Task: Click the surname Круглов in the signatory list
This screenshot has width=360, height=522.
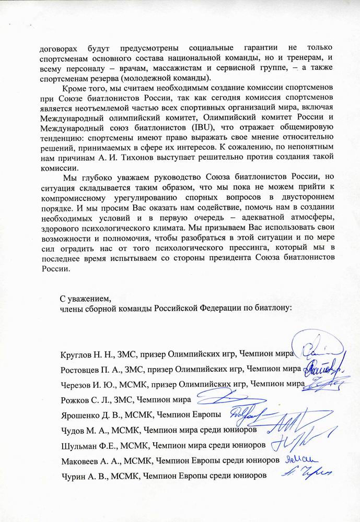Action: [x=76, y=354]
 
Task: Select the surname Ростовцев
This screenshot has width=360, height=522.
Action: [x=79, y=370]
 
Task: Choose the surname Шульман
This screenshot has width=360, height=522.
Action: [x=77, y=445]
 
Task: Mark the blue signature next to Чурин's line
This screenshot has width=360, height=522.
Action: [x=302, y=472]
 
